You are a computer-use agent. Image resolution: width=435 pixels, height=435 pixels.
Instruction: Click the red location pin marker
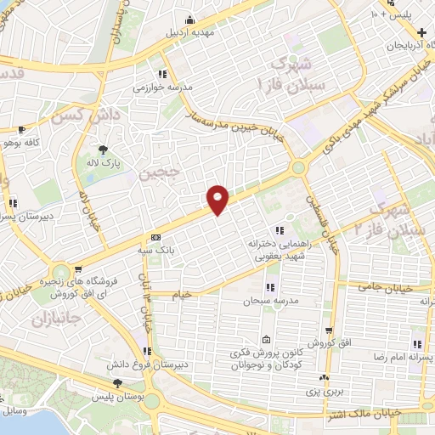coord(218,199)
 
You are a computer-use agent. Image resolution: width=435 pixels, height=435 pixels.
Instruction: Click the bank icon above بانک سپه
coord(155,237)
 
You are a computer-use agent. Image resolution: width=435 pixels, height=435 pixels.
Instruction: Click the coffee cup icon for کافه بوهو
coord(21,130)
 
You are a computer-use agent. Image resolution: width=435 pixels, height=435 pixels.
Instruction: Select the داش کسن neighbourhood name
coord(81,112)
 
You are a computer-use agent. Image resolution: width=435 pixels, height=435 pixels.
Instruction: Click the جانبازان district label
coord(31,321)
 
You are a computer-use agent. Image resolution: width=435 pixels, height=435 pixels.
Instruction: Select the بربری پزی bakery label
coord(323,393)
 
